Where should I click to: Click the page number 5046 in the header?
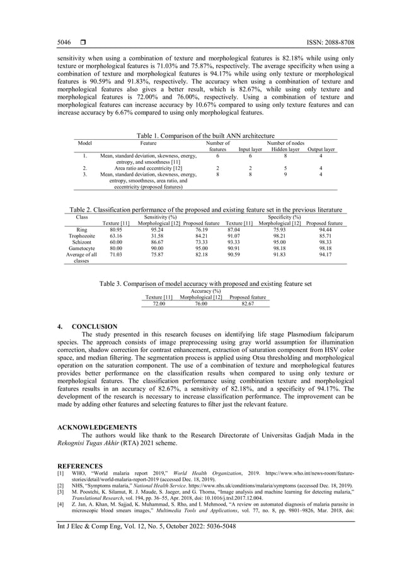[x=64, y=43]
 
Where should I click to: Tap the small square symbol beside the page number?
[x=83, y=43]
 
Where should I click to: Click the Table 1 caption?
[x=205, y=135]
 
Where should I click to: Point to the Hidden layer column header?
[x=285, y=149]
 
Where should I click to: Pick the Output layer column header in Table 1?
[x=321, y=149]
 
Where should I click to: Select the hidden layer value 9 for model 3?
[x=285, y=174]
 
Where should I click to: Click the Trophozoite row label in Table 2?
[x=81, y=236]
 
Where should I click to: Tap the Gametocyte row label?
[x=81, y=249]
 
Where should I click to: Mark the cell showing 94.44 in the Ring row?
[x=325, y=230]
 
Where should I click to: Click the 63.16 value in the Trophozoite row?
[x=116, y=236]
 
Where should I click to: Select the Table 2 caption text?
[x=205, y=210]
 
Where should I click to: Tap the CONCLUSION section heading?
[x=94, y=327]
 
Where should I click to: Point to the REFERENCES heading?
[x=81, y=466]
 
